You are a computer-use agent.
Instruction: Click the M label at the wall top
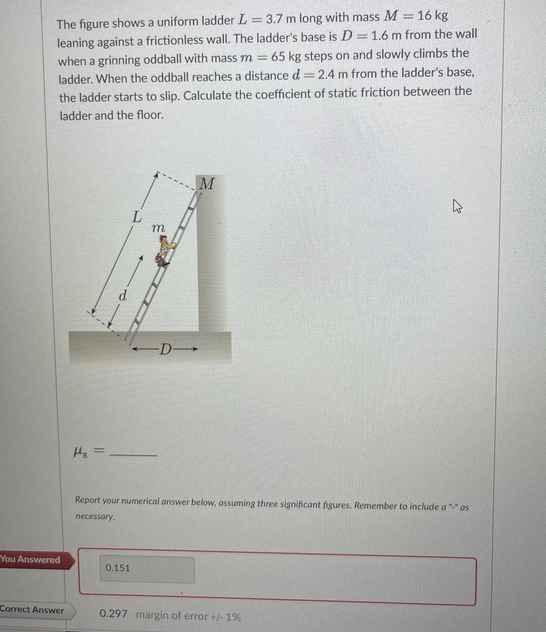click(207, 184)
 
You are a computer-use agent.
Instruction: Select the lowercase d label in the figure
click(123, 296)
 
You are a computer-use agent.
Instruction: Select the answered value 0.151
click(118, 568)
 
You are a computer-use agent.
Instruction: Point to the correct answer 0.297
click(114, 613)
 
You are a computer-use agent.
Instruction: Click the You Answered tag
click(30, 559)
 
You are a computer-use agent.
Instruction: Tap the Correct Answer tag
click(32, 610)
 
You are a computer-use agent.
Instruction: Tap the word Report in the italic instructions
click(88, 500)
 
